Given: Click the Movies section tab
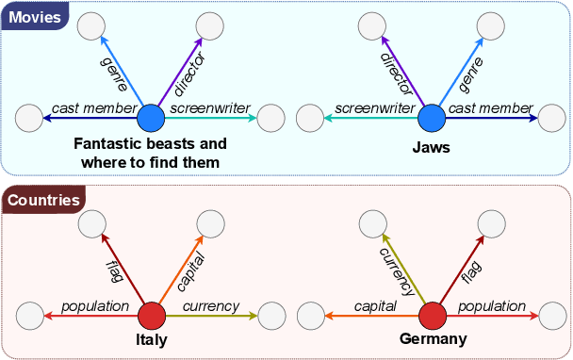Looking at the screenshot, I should (35, 17).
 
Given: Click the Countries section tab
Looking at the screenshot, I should (42, 200).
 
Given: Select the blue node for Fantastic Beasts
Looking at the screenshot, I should (150, 119).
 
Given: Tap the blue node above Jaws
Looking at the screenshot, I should (432, 119).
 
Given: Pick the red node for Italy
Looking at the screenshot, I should (150, 316).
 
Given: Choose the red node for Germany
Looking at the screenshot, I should (432, 316).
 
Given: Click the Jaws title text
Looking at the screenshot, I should (431, 148).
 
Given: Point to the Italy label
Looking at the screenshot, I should (150, 340).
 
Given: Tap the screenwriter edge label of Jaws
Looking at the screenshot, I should (375, 109).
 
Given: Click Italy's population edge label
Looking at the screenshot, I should (94, 306).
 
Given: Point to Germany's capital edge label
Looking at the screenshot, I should (374, 306).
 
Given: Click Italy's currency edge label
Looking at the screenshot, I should (210, 306).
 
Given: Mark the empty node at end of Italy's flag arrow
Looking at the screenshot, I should (91, 223).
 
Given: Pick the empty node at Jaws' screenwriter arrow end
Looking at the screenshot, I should (310, 119).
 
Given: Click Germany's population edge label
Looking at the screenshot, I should (492, 306).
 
